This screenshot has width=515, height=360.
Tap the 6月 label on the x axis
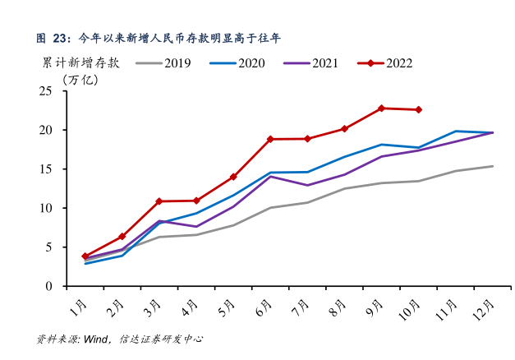pos(264,309)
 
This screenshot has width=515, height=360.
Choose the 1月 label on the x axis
pos(79,309)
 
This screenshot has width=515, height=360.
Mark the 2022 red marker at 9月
pos(381,108)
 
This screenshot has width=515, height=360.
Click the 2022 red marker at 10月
pos(418,110)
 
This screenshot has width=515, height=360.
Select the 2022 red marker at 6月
pos(270,140)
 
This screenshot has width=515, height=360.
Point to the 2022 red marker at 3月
pos(159,201)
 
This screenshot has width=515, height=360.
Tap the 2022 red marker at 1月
pos(85,256)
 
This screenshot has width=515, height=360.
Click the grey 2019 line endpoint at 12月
pos(492,166)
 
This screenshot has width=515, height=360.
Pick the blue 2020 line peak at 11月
pos(455,131)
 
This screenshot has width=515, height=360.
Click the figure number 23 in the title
pos(61,37)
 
